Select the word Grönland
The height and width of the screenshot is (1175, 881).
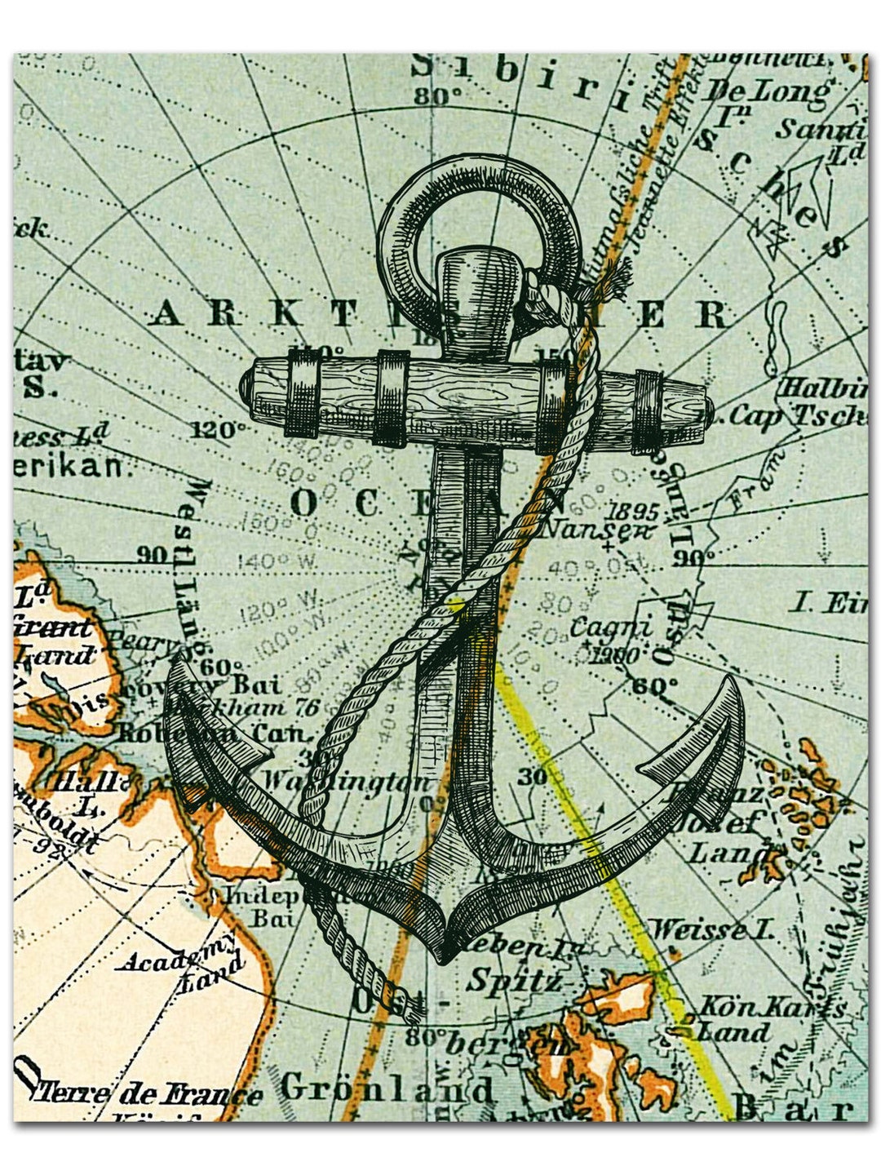(387, 1089)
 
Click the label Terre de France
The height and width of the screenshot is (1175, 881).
(151, 1093)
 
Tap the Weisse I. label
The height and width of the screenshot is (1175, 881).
(711, 929)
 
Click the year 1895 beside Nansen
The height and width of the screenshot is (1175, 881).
(633, 512)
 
